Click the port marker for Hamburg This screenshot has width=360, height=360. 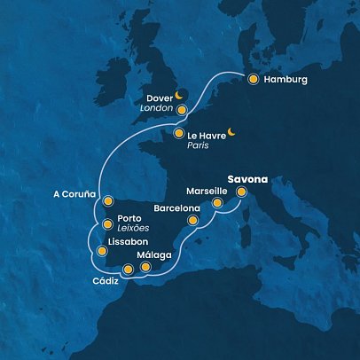(x=254, y=80)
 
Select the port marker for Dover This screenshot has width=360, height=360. (x=182, y=111)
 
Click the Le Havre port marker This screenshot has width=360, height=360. (x=179, y=134)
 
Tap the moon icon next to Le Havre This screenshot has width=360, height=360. (x=232, y=134)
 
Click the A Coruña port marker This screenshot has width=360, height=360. (x=108, y=201)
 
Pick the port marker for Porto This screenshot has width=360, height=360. (x=108, y=224)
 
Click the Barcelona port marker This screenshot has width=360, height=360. (x=192, y=219)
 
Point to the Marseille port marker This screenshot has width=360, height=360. (x=218, y=203)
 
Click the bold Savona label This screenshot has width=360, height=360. (x=247, y=176)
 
